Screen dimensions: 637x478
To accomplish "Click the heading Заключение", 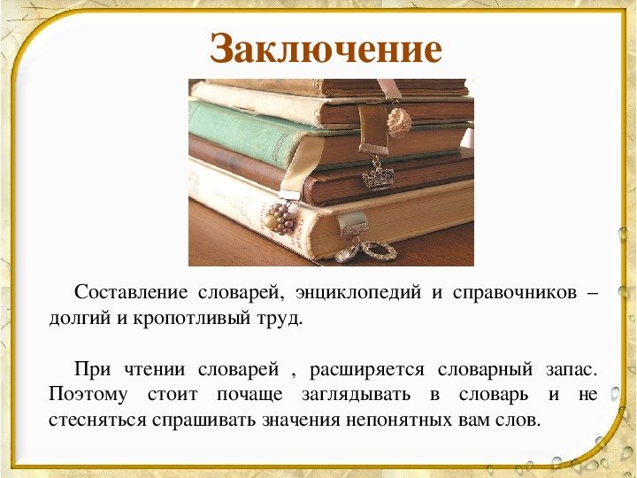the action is pos(326,50).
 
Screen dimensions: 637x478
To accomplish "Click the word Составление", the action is pos(131,292).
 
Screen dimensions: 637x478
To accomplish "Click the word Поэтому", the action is pos(88,394).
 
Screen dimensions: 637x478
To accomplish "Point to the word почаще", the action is pos(249,395).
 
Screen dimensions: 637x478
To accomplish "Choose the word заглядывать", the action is pos(357,395).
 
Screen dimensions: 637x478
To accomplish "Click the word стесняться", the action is pos(97,420).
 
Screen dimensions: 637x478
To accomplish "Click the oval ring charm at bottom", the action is pos(379,251).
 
